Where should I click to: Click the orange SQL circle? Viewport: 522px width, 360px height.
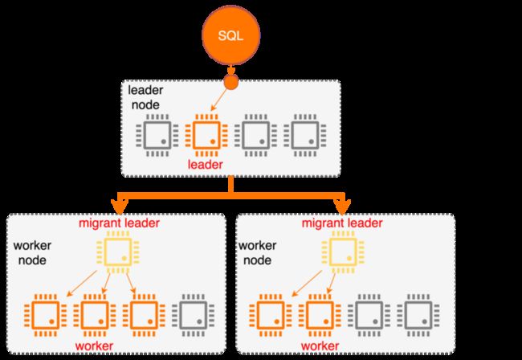(x=231, y=35)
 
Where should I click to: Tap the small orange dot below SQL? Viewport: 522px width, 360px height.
(x=231, y=82)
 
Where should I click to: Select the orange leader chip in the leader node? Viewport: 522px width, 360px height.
(x=206, y=136)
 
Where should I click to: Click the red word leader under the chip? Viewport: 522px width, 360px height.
(x=205, y=165)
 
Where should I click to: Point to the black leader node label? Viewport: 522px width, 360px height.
(x=145, y=97)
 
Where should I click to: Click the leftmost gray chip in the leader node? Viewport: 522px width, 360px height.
(x=157, y=136)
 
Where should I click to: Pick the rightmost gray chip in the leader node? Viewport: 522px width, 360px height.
(x=305, y=136)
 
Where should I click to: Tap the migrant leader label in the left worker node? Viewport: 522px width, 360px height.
(x=119, y=223)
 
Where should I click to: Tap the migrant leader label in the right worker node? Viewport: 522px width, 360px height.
(x=342, y=223)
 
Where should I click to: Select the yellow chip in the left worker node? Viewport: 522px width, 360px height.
(x=118, y=252)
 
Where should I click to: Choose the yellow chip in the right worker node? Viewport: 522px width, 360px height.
(x=343, y=252)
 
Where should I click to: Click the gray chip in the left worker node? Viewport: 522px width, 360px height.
(x=193, y=315)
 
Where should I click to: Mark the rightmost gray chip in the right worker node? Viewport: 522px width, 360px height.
(x=418, y=315)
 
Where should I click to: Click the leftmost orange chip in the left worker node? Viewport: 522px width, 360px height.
(x=46, y=315)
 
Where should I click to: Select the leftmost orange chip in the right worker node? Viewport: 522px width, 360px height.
(x=271, y=315)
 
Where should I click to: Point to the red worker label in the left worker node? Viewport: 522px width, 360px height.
(x=94, y=346)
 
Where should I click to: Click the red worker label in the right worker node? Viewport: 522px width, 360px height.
(x=320, y=346)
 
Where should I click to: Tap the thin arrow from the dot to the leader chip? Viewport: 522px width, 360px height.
(x=220, y=100)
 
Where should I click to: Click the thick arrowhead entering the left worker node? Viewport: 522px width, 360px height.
(x=120, y=207)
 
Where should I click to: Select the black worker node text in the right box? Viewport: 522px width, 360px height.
(x=257, y=253)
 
